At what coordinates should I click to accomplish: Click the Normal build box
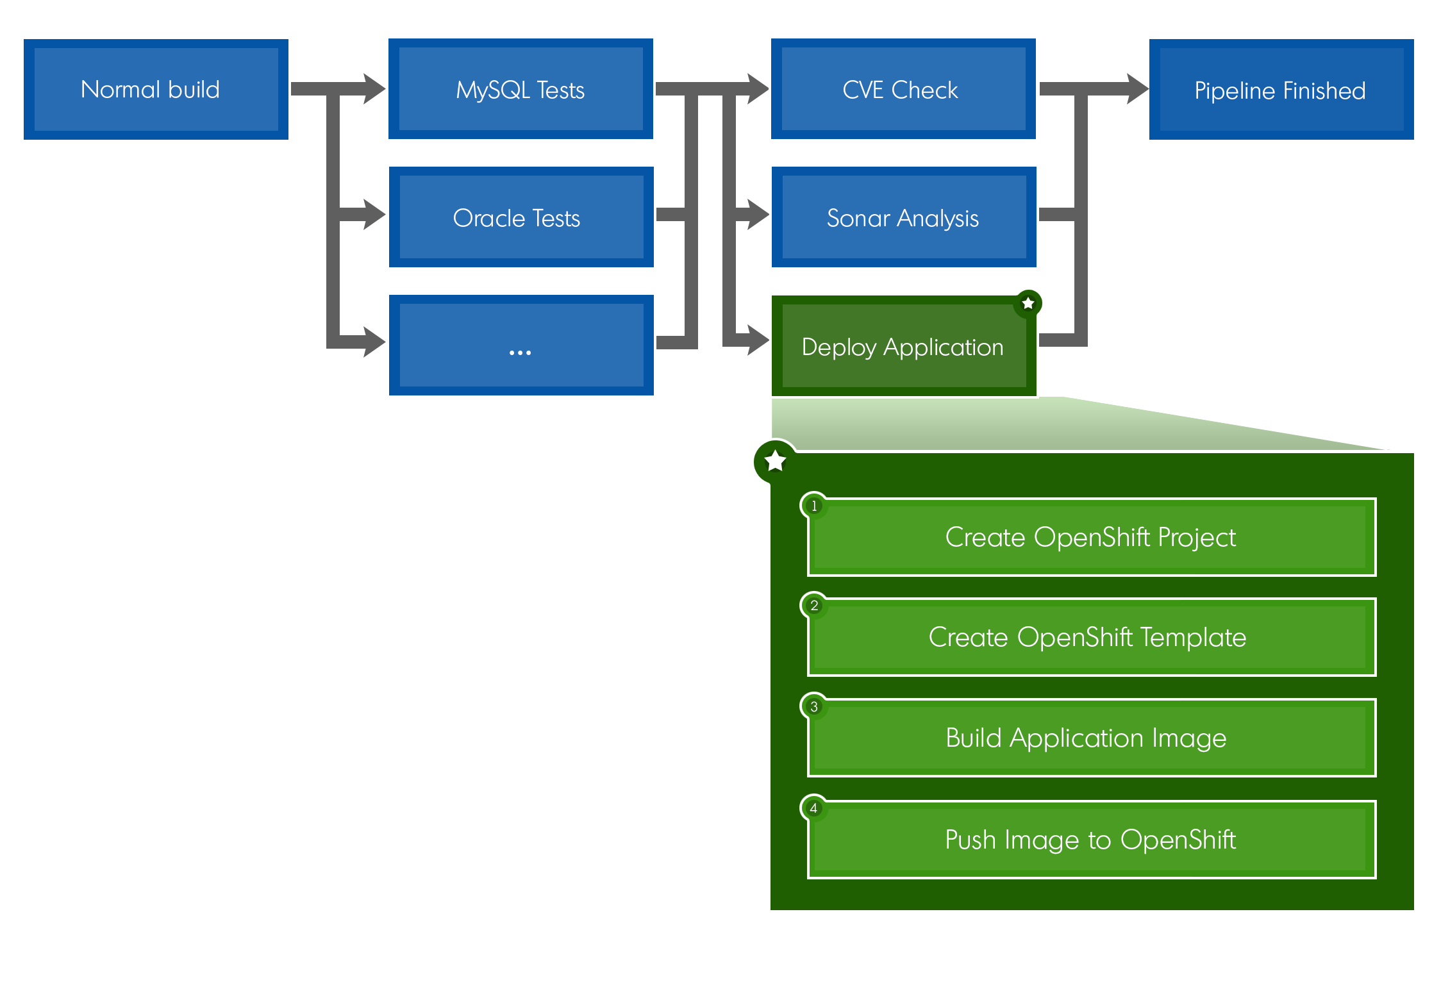pos(156,89)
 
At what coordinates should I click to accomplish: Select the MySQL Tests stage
pos(521,89)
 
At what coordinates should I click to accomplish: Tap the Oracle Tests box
pos(521,217)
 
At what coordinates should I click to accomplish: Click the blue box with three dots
pos(521,345)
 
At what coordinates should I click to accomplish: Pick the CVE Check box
pos(903,89)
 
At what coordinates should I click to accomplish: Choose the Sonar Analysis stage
pos(903,217)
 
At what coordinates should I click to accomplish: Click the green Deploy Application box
pos(903,347)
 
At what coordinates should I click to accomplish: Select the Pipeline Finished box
pos(1281,90)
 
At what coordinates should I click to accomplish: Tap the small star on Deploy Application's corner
pos(1028,303)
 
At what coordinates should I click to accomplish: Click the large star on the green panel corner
pos(776,460)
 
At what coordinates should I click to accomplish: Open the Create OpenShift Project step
pos(1091,537)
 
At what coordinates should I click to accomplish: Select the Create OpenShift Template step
pos(1091,637)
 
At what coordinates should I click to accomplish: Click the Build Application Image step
pos(1091,738)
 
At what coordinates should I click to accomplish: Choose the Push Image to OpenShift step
pos(1091,839)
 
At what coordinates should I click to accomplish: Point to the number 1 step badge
pos(814,506)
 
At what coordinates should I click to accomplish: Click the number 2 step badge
pos(814,606)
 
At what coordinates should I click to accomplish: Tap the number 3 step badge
pos(814,706)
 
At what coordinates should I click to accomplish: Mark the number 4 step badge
pos(814,808)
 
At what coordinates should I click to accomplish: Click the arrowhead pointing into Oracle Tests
pos(382,214)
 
